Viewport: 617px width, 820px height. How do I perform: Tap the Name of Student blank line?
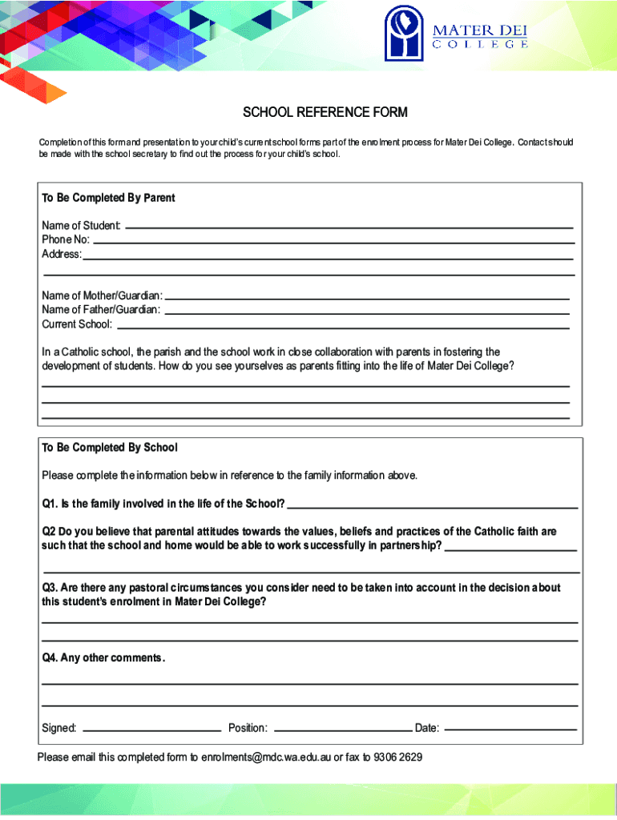(x=349, y=227)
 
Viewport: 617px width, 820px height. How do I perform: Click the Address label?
(x=62, y=255)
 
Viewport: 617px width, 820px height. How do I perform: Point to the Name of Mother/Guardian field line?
(x=367, y=298)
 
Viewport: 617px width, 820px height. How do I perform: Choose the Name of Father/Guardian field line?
(x=366, y=312)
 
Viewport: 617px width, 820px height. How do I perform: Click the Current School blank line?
(x=343, y=328)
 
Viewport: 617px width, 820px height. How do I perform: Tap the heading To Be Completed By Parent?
(x=108, y=198)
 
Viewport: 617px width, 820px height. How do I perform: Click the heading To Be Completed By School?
(x=110, y=448)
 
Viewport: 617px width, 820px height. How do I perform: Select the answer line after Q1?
(x=432, y=508)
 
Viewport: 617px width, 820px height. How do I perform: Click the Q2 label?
(x=49, y=532)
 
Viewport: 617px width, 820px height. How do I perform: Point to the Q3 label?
(x=50, y=588)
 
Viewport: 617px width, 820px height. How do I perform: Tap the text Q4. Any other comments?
(x=103, y=658)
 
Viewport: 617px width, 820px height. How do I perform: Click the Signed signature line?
(x=151, y=730)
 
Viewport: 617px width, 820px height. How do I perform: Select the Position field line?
(x=342, y=730)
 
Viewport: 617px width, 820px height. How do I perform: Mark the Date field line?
(x=510, y=730)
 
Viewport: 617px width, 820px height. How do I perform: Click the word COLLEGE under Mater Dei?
(x=480, y=45)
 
